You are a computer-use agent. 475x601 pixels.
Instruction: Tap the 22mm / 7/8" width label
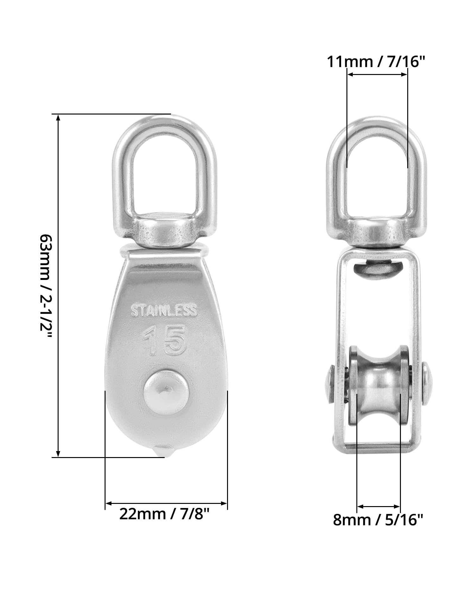pos(164,514)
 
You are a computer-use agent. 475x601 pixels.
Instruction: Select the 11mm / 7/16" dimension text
pos(375,61)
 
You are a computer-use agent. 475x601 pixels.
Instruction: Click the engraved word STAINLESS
pos(164,311)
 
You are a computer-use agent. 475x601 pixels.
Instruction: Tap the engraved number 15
pos(164,340)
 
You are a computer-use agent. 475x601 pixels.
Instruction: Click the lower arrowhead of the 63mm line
pos(58,454)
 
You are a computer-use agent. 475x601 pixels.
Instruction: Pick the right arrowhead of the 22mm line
pos(224,503)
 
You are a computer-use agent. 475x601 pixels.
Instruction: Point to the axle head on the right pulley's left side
pos(329,384)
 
